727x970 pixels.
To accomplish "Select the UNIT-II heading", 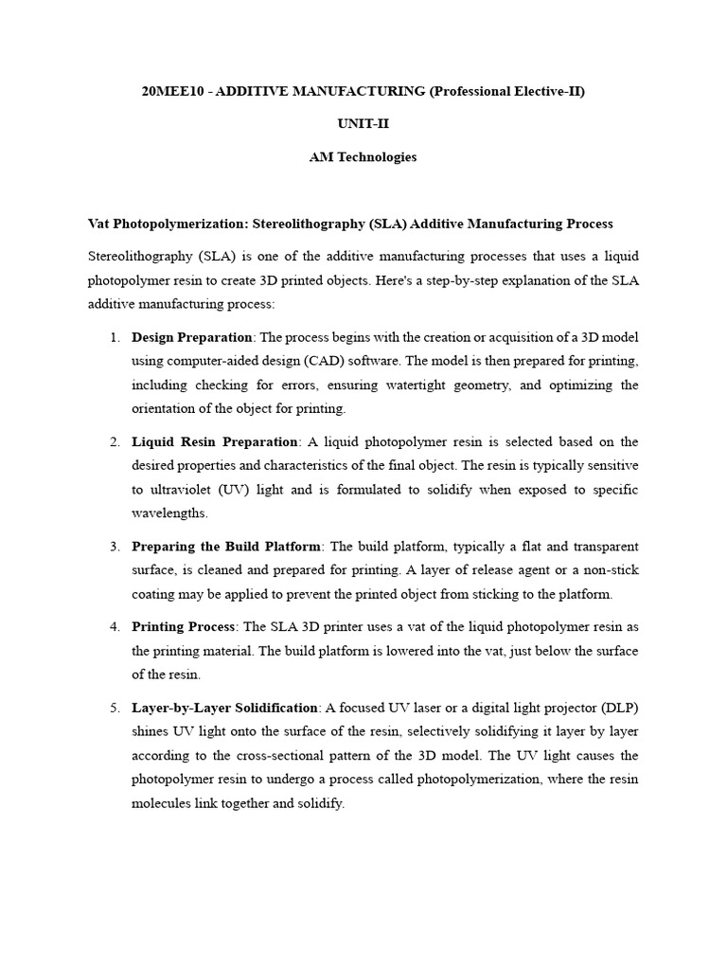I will [x=363, y=123].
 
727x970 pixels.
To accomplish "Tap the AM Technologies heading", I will [x=363, y=157].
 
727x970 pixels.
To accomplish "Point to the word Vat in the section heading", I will [x=98, y=224].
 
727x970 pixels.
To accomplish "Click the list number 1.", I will [x=114, y=337].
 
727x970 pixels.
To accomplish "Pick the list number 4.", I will [x=114, y=627].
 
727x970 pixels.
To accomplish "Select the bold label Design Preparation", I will [x=192, y=337].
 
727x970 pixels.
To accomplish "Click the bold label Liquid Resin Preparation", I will [x=215, y=441].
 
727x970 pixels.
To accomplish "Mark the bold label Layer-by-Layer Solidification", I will [x=224, y=708].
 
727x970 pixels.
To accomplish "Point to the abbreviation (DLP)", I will [x=618, y=708].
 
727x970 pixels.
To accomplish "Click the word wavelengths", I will [x=168, y=512].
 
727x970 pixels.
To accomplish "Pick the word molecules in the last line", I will [x=167, y=803].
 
